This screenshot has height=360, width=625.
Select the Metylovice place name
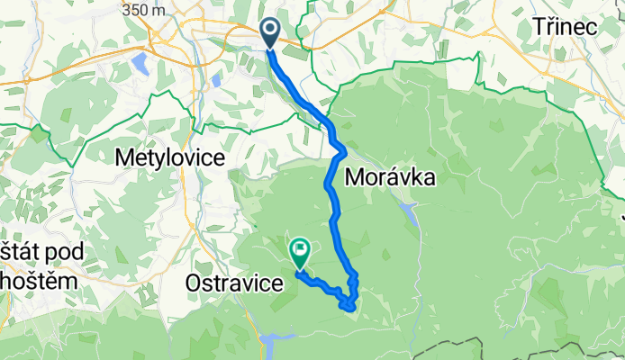[169, 157]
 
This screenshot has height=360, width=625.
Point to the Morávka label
[390, 177]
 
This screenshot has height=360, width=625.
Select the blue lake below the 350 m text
[140, 64]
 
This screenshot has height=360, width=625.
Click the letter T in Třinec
[538, 27]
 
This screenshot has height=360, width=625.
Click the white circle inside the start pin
[270, 28]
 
